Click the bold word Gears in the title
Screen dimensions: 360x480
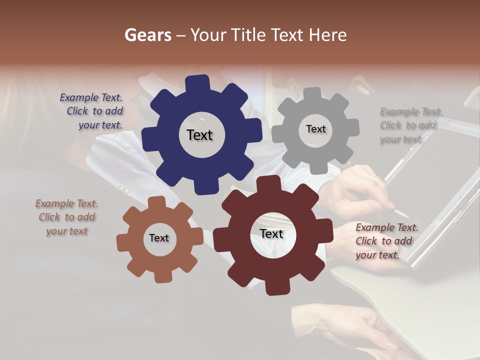pos(147,35)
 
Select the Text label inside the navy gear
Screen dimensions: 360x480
pos(199,135)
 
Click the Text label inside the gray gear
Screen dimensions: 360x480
pos(315,129)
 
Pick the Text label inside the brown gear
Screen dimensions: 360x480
pos(159,238)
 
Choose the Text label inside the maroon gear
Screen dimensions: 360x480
pos(271,233)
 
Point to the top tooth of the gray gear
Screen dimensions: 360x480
pos(313,93)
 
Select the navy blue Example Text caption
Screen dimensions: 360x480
pos(92,111)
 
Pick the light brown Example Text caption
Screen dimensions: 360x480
pos(66,217)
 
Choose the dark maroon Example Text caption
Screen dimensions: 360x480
pos(386,241)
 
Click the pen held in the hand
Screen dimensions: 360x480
pos(400,212)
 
